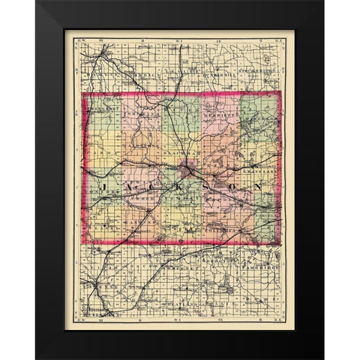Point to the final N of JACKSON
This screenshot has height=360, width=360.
[259, 184]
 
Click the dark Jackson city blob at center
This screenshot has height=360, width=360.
[193, 169]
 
